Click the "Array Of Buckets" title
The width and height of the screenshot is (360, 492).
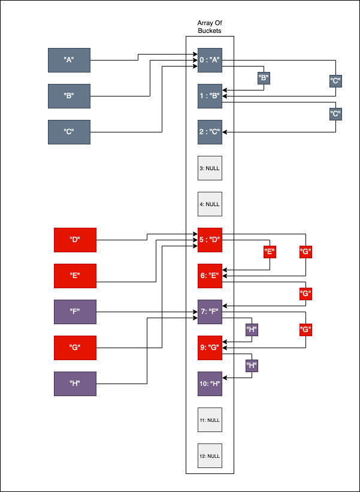point(210,26)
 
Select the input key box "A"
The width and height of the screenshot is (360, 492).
point(69,60)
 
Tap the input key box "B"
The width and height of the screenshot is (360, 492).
point(69,96)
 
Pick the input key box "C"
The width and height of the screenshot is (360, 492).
point(69,132)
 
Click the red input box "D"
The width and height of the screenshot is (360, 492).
point(75,240)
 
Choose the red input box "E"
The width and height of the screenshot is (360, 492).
point(75,276)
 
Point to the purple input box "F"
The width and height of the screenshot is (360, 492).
point(75,312)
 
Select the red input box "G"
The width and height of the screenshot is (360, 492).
point(75,348)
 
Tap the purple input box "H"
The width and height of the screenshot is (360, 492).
point(75,384)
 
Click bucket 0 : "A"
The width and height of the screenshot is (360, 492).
point(210,60)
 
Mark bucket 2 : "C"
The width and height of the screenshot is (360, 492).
point(210,132)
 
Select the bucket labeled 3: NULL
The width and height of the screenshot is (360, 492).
point(210,168)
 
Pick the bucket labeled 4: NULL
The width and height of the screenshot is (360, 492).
point(210,204)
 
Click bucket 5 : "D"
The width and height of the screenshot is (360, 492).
point(210,240)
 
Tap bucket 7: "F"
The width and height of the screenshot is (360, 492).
point(210,312)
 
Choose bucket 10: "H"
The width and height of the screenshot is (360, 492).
point(210,384)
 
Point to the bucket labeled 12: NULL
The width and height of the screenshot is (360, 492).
point(210,455)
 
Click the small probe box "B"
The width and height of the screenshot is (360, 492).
point(264,78)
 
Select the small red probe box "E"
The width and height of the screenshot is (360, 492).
point(270,252)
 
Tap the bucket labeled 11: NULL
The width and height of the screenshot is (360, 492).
point(210,419)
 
